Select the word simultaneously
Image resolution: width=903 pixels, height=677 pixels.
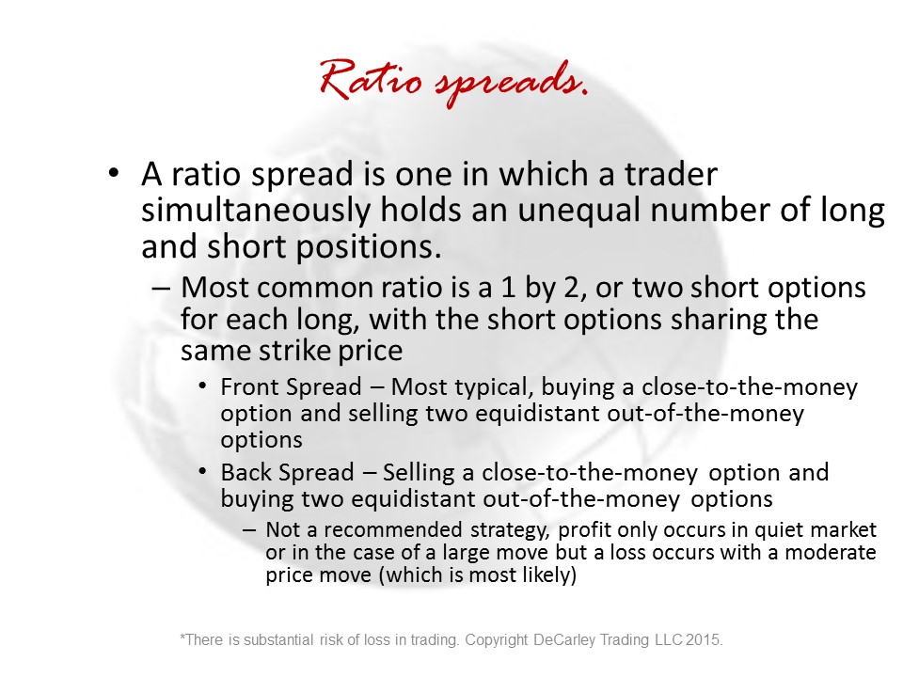(256, 211)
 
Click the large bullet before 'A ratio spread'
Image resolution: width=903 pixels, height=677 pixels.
(114, 172)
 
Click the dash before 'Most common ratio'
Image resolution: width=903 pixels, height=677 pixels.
(161, 287)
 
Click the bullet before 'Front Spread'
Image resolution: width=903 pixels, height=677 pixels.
(202, 386)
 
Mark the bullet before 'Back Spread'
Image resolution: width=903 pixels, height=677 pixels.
(202, 471)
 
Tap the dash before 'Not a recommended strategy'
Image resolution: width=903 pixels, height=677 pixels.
(248, 529)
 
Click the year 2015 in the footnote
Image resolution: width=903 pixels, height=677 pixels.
(704, 640)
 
